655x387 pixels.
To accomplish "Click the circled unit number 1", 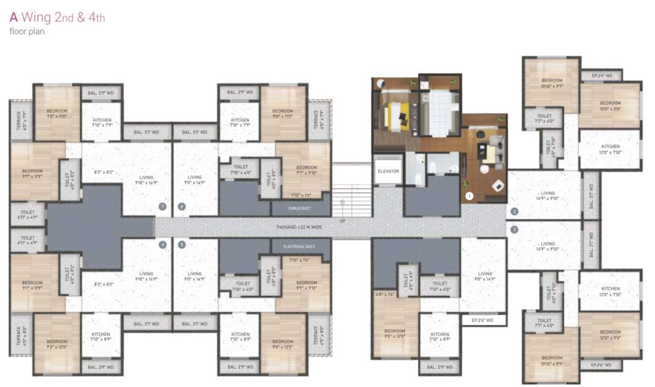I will click(x=468, y=195).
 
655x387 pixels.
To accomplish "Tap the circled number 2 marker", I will click(x=514, y=211).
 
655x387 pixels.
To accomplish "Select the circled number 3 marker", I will click(x=514, y=230).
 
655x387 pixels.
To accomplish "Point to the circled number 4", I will click(x=162, y=245).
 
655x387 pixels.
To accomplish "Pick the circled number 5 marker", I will click(x=182, y=245).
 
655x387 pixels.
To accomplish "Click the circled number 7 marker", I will click(x=162, y=206).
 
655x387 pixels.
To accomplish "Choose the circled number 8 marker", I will click(x=182, y=206).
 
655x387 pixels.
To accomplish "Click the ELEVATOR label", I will click(x=389, y=171).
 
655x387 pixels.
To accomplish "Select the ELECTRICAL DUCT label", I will click(x=301, y=247).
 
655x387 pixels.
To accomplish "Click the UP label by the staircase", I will click(x=342, y=221).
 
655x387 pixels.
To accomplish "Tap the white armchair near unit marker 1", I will click(x=497, y=185).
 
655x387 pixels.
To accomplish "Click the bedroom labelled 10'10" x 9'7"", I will click(x=551, y=83).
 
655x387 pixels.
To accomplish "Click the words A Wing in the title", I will click(x=31, y=17).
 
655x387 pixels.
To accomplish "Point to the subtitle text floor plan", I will click(x=27, y=31).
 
